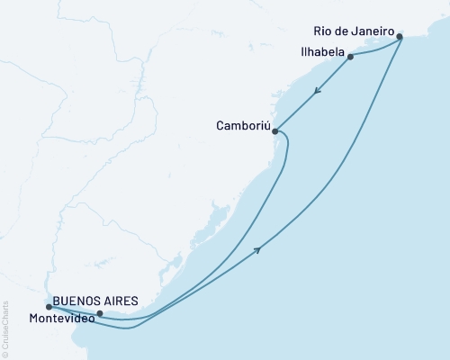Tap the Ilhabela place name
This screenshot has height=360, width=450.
tap(319, 53)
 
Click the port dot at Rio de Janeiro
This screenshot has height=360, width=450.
tap(400, 37)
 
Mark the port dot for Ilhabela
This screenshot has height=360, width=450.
tap(350, 56)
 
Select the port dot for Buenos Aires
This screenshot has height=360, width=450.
tap(100, 313)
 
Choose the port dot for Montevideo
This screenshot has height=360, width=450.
tap(49, 307)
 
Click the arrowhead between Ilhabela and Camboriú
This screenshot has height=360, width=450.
tap(318, 89)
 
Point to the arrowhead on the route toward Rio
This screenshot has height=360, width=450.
tap(260, 248)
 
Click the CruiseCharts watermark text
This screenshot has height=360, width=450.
tap(5, 329)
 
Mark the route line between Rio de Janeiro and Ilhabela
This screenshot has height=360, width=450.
tap(375, 47)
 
